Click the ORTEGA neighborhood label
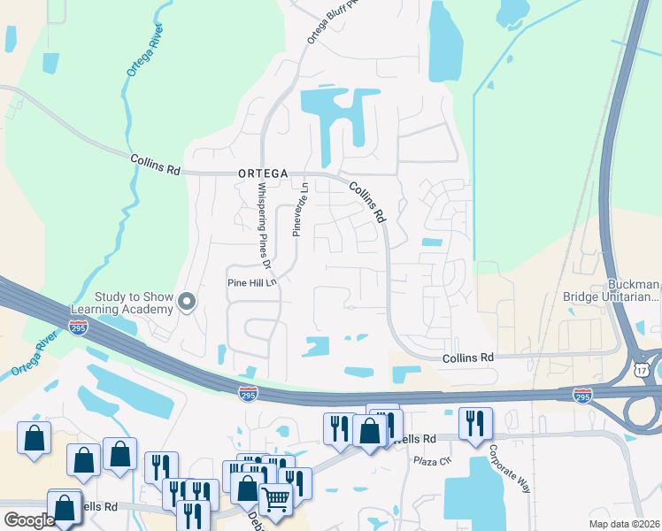tap(262, 174)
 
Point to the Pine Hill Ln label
tap(253, 282)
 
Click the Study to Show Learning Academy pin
tap(187, 303)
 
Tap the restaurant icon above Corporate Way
tap(475, 423)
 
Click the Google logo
tap(29, 519)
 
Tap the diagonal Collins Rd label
tap(368, 202)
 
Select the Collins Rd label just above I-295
tap(467, 357)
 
